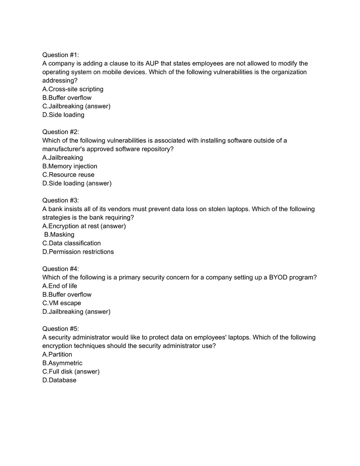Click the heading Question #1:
61,55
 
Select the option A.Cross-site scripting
73,89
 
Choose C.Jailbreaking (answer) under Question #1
76,106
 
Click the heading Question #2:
61,132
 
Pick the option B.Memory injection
70,166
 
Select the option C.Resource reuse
68,175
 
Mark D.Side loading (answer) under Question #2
77,183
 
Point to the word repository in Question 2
156,149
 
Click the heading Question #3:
61,200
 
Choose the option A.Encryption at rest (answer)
84,226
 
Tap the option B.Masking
59,234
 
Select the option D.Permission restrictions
78,252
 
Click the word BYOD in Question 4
278,277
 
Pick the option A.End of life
60,286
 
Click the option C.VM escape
62,303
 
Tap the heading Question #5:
61,329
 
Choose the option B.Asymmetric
62,363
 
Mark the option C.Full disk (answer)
71,371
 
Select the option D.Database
59,380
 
